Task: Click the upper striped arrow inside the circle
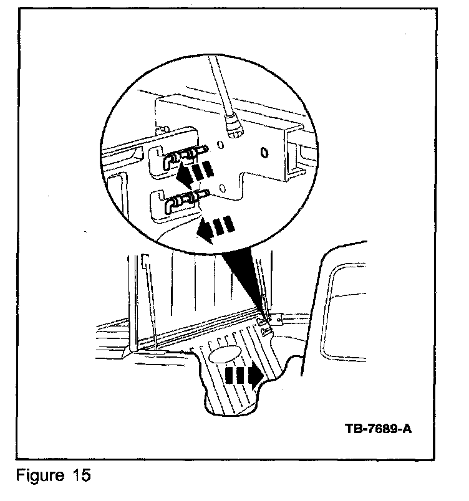pyautogui.click(x=194, y=171)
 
